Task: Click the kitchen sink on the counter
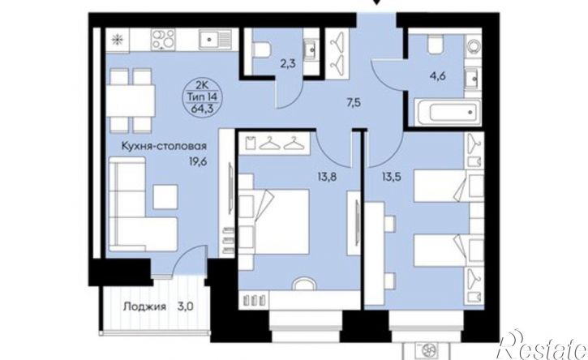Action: pyautogui.click(x=215, y=40)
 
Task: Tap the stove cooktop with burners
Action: pyautogui.click(x=163, y=40)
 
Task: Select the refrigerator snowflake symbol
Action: pyautogui.click(x=118, y=40)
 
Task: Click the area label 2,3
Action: pyautogui.click(x=288, y=63)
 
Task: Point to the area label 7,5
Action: pyautogui.click(x=353, y=102)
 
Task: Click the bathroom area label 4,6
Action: pyautogui.click(x=438, y=76)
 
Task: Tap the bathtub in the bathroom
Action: pyautogui.click(x=448, y=112)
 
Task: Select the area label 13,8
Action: pyautogui.click(x=327, y=177)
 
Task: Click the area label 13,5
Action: pyautogui.click(x=391, y=177)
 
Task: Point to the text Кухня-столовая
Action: pyautogui.click(x=165, y=145)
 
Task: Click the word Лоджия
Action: pyautogui.click(x=144, y=306)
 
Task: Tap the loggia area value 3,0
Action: pyautogui.click(x=185, y=306)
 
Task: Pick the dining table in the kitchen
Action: pyautogui.click(x=131, y=101)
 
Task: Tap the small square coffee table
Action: pyautogui.click(x=165, y=197)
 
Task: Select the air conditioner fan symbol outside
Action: pyautogui.click(x=427, y=351)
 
